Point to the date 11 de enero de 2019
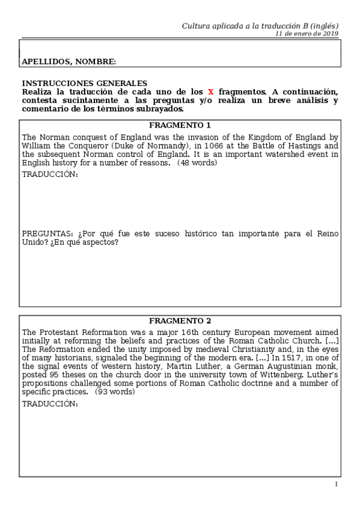tap(307, 34)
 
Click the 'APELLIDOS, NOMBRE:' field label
tap(69, 61)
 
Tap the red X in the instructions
tap(210, 91)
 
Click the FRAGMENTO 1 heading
tap(180, 126)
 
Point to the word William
tap(37, 146)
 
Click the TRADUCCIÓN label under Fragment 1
tap(50, 174)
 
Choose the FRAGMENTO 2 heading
tap(180, 321)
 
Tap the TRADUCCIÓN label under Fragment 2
tap(50, 404)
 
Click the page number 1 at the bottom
tap(337, 484)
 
